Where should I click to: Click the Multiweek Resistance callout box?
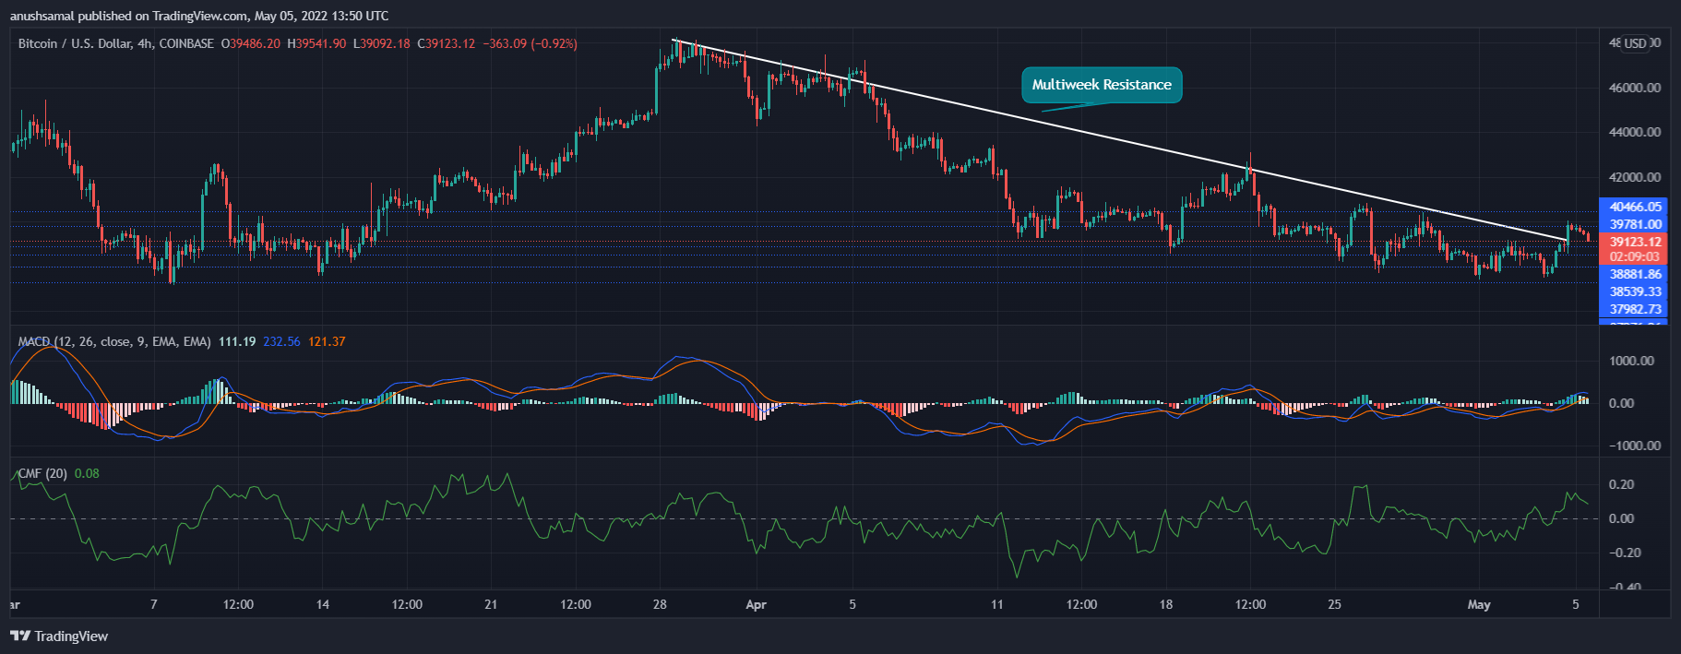[x=1102, y=85]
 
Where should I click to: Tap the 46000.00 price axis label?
[x=1634, y=88]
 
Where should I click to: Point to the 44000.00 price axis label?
[x=1634, y=132]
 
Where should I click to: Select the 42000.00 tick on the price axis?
[x=1634, y=177]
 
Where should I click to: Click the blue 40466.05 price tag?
[x=1635, y=207]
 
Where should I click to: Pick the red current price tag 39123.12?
[x=1635, y=242]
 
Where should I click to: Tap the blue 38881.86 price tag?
[x=1635, y=274]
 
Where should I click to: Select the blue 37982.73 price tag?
[x=1635, y=309]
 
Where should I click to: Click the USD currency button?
[x=1635, y=43]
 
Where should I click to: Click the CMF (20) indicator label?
[x=42, y=473]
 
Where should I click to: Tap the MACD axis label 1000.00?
[x=1634, y=361]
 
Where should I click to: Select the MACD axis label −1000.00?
[x=1634, y=446]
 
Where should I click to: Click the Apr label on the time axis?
[x=756, y=605]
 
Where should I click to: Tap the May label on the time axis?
[x=1478, y=605]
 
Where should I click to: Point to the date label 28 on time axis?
[x=660, y=605]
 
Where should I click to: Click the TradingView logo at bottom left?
[x=59, y=636]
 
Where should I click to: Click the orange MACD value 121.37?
[x=327, y=341]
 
